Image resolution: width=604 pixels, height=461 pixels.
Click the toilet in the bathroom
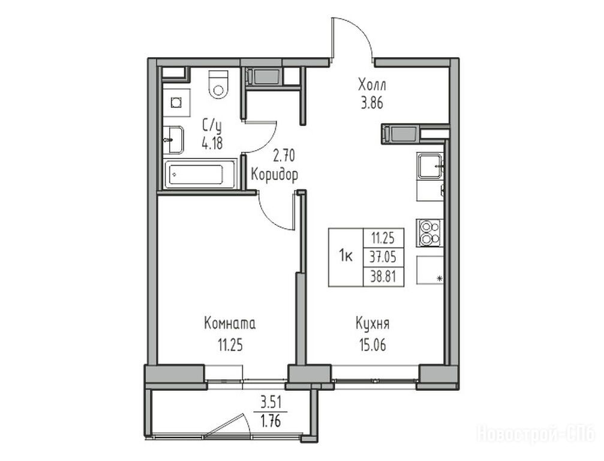(218, 85)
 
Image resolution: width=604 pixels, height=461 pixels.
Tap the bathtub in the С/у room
(200, 174)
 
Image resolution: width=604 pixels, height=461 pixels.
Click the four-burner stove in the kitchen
(429, 233)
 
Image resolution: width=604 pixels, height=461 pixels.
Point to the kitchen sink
(430, 166)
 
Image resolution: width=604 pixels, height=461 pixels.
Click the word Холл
(372, 85)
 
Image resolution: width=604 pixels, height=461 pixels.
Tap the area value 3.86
(372, 103)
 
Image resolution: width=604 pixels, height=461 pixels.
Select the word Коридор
(274, 175)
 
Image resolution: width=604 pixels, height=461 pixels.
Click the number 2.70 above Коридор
(284, 156)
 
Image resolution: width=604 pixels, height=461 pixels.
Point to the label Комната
(230, 324)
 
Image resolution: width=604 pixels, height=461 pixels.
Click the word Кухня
(372, 324)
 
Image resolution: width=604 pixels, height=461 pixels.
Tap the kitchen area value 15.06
(372, 345)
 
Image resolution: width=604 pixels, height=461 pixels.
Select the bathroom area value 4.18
(212, 143)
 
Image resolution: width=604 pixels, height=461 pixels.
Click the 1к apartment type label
(346, 256)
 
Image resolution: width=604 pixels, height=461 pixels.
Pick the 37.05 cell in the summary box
(383, 257)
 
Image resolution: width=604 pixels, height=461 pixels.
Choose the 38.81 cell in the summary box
(383, 276)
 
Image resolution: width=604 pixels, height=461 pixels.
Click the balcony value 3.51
(271, 403)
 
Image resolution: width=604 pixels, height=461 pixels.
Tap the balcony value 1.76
(271, 421)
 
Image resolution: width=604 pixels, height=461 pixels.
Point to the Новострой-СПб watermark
(536, 433)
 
